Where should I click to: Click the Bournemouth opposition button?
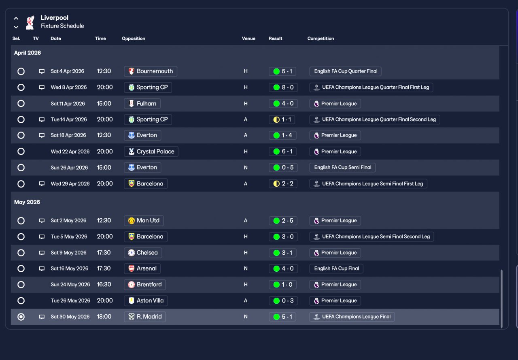[x=150, y=71]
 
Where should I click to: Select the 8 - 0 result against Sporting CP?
[x=282, y=87]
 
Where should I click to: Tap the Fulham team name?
[x=146, y=104]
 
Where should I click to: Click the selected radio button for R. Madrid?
[x=21, y=317]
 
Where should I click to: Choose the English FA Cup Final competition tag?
[x=336, y=268]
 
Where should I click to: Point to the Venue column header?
[x=248, y=38]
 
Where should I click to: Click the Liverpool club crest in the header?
[x=30, y=22]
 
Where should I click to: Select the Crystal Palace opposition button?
[x=151, y=151]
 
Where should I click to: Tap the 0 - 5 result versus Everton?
[x=282, y=168]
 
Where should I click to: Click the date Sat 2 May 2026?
[x=68, y=221]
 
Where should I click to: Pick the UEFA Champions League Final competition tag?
[x=352, y=317]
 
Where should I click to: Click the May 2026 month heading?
[x=27, y=202]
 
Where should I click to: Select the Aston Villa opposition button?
[x=146, y=301]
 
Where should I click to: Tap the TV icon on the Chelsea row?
[x=42, y=253]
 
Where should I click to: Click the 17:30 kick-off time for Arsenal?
[x=104, y=268]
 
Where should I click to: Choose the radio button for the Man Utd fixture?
[x=21, y=221]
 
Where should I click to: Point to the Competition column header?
[x=321, y=38]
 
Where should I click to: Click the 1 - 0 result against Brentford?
[x=282, y=285]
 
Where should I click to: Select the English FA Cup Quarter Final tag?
[x=345, y=71]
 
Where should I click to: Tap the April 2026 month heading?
[x=28, y=53]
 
